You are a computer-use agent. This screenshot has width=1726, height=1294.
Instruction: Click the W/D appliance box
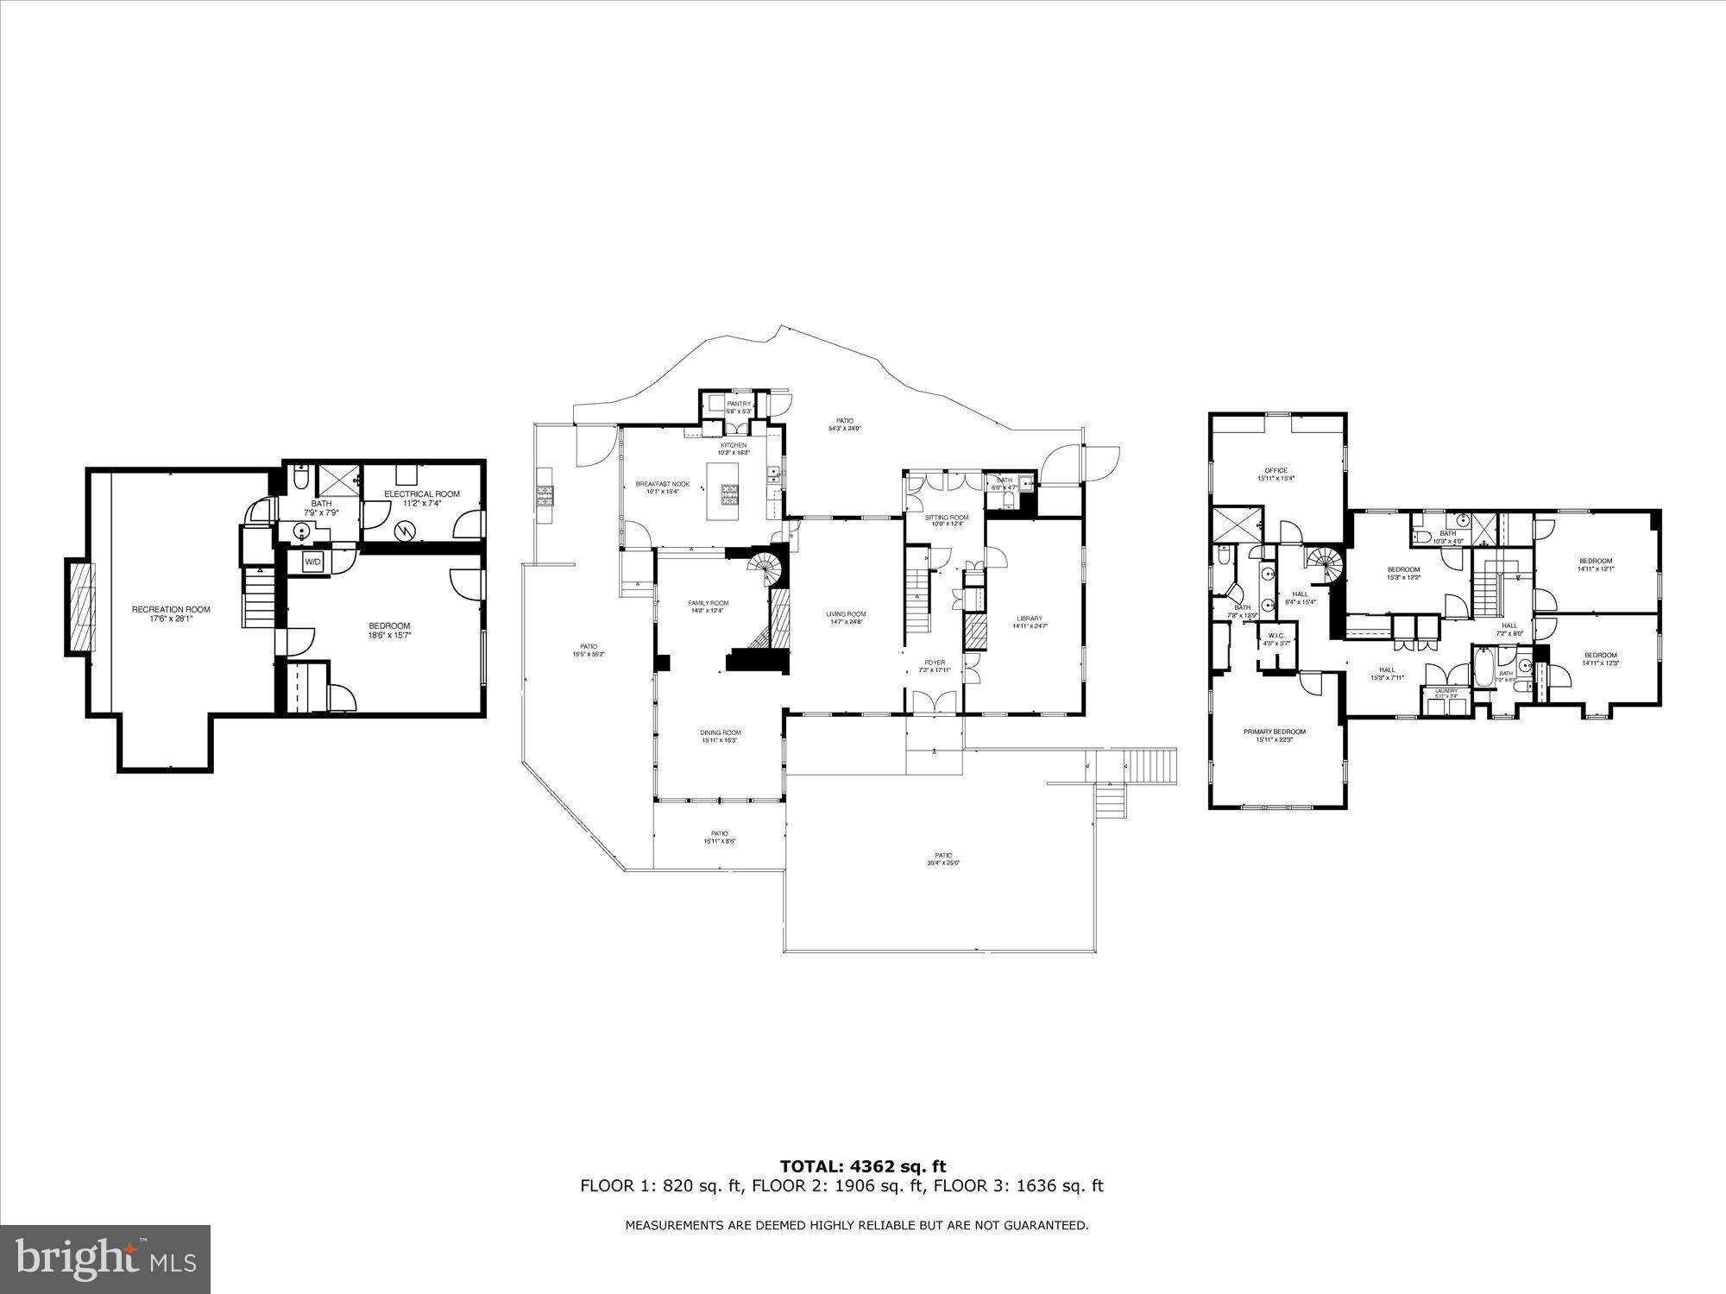tap(312, 562)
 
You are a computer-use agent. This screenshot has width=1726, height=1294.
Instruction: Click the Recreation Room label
tap(171, 609)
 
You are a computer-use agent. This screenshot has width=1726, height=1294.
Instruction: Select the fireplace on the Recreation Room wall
tap(79, 607)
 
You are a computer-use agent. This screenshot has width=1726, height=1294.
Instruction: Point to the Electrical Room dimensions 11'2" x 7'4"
tap(422, 504)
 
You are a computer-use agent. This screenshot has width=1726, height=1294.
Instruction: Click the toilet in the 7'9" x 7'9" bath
tap(299, 478)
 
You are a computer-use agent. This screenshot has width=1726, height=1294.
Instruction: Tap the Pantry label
tap(739, 404)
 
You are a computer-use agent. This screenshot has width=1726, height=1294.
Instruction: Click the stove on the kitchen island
tap(729, 493)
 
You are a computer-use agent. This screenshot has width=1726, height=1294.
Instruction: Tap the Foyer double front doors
tap(935, 702)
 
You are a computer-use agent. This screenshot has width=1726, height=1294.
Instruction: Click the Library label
tap(1030, 618)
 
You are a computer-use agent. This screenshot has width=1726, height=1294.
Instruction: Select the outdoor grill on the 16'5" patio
tap(545, 494)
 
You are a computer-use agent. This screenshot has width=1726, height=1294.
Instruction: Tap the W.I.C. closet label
tap(1276, 635)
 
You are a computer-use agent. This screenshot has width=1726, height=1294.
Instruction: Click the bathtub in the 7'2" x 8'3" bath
tap(1483, 668)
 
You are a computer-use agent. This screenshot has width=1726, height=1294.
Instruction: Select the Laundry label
tap(1446, 689)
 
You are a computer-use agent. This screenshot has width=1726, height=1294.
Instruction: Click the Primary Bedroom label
tap(1274, 732)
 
